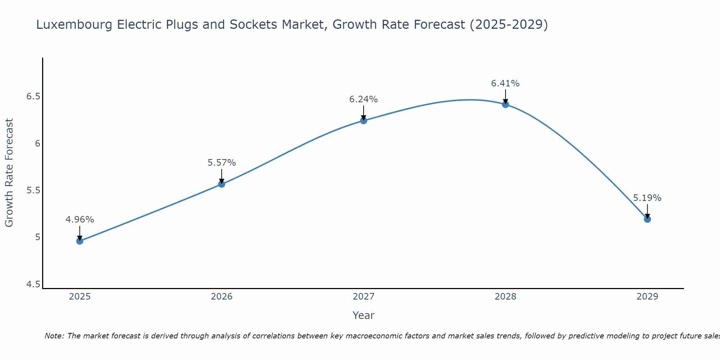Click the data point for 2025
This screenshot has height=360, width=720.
tap(80, 241)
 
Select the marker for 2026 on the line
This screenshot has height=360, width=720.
tap(222, 184)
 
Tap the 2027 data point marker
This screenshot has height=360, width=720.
tap(364, 121)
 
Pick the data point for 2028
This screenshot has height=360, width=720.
tap(505, 104)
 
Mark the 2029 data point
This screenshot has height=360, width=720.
tap(647, 219)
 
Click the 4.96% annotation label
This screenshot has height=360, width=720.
tap(80, 220)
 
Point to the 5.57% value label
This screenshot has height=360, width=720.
tap(222, 163)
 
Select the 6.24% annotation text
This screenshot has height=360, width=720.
tap(364, 99)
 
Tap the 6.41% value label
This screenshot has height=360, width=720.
tap(505, 84)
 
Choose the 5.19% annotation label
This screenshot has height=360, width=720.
tap(647, 198)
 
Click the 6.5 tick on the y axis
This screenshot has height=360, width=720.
tap(33, 96)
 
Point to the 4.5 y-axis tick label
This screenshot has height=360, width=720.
tap(33, 284)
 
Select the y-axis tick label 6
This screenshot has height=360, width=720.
tap(37, 144)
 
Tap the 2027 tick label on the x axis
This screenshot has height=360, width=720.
tap(364, 297)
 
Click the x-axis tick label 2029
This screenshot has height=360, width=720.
tap(647, 297)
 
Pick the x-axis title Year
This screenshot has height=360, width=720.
tap(364, 315)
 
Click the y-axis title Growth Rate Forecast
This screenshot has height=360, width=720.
tap(9, 173)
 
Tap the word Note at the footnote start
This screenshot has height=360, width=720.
tap(53, 336)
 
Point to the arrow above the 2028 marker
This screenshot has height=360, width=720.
tap(505, 96)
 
